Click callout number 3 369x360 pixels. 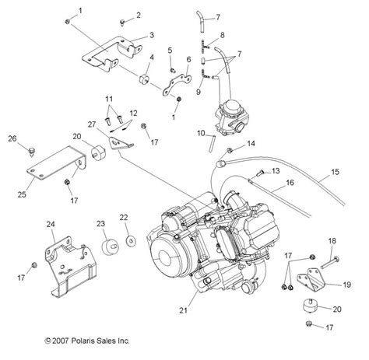(x=152, y=35)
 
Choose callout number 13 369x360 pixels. (x=274, y=170)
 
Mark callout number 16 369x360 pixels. (x=289, y=183)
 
